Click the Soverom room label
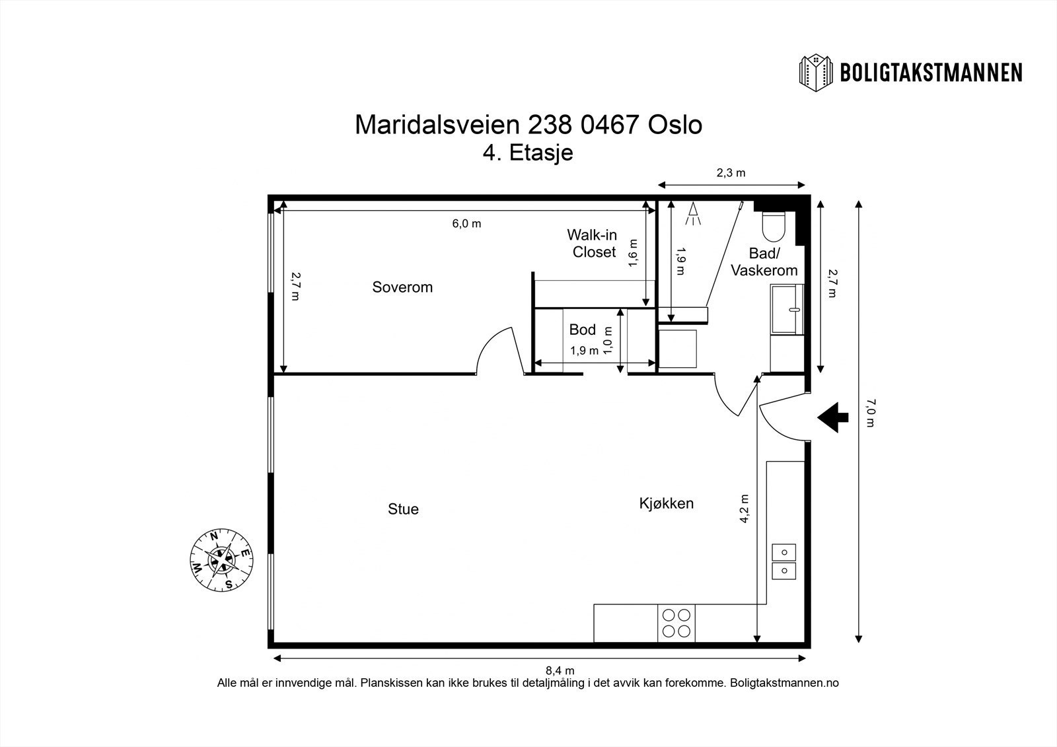pyautogui.click(x=402, y=287)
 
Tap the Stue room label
pyautogui.click(x=403, y=509)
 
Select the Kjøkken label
pyautogui.click(x=667, y=503)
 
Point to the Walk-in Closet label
pyautogui.click(x=592, y=244)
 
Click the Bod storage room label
pyautogui.click(x=582, y=330)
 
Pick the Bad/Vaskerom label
pyautogui.click(x=764, y=262)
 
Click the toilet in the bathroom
pyautogui.click(x=774, y=226)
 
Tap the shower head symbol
pyautogui.click(x=693, y=214)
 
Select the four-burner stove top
pyautogui.click(x=676, y=623)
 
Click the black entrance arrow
pyautogui.click(x=833, y=417)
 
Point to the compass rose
pyautogui.click(x=221, y=560)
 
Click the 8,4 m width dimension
pyautogui.click(x=560, y=670)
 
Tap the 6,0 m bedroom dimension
pyautogui.click(x=466, y=224)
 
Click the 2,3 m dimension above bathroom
pyautogui.click(x=731, y=173)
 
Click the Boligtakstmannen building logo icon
pyautogui.click(x=816, y=73)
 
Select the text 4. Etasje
pyautogui.click(x=528, y=153)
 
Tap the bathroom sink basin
pyautogui.click(x=787, y=309)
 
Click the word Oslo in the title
pyautogui.click(x=675, y=125)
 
